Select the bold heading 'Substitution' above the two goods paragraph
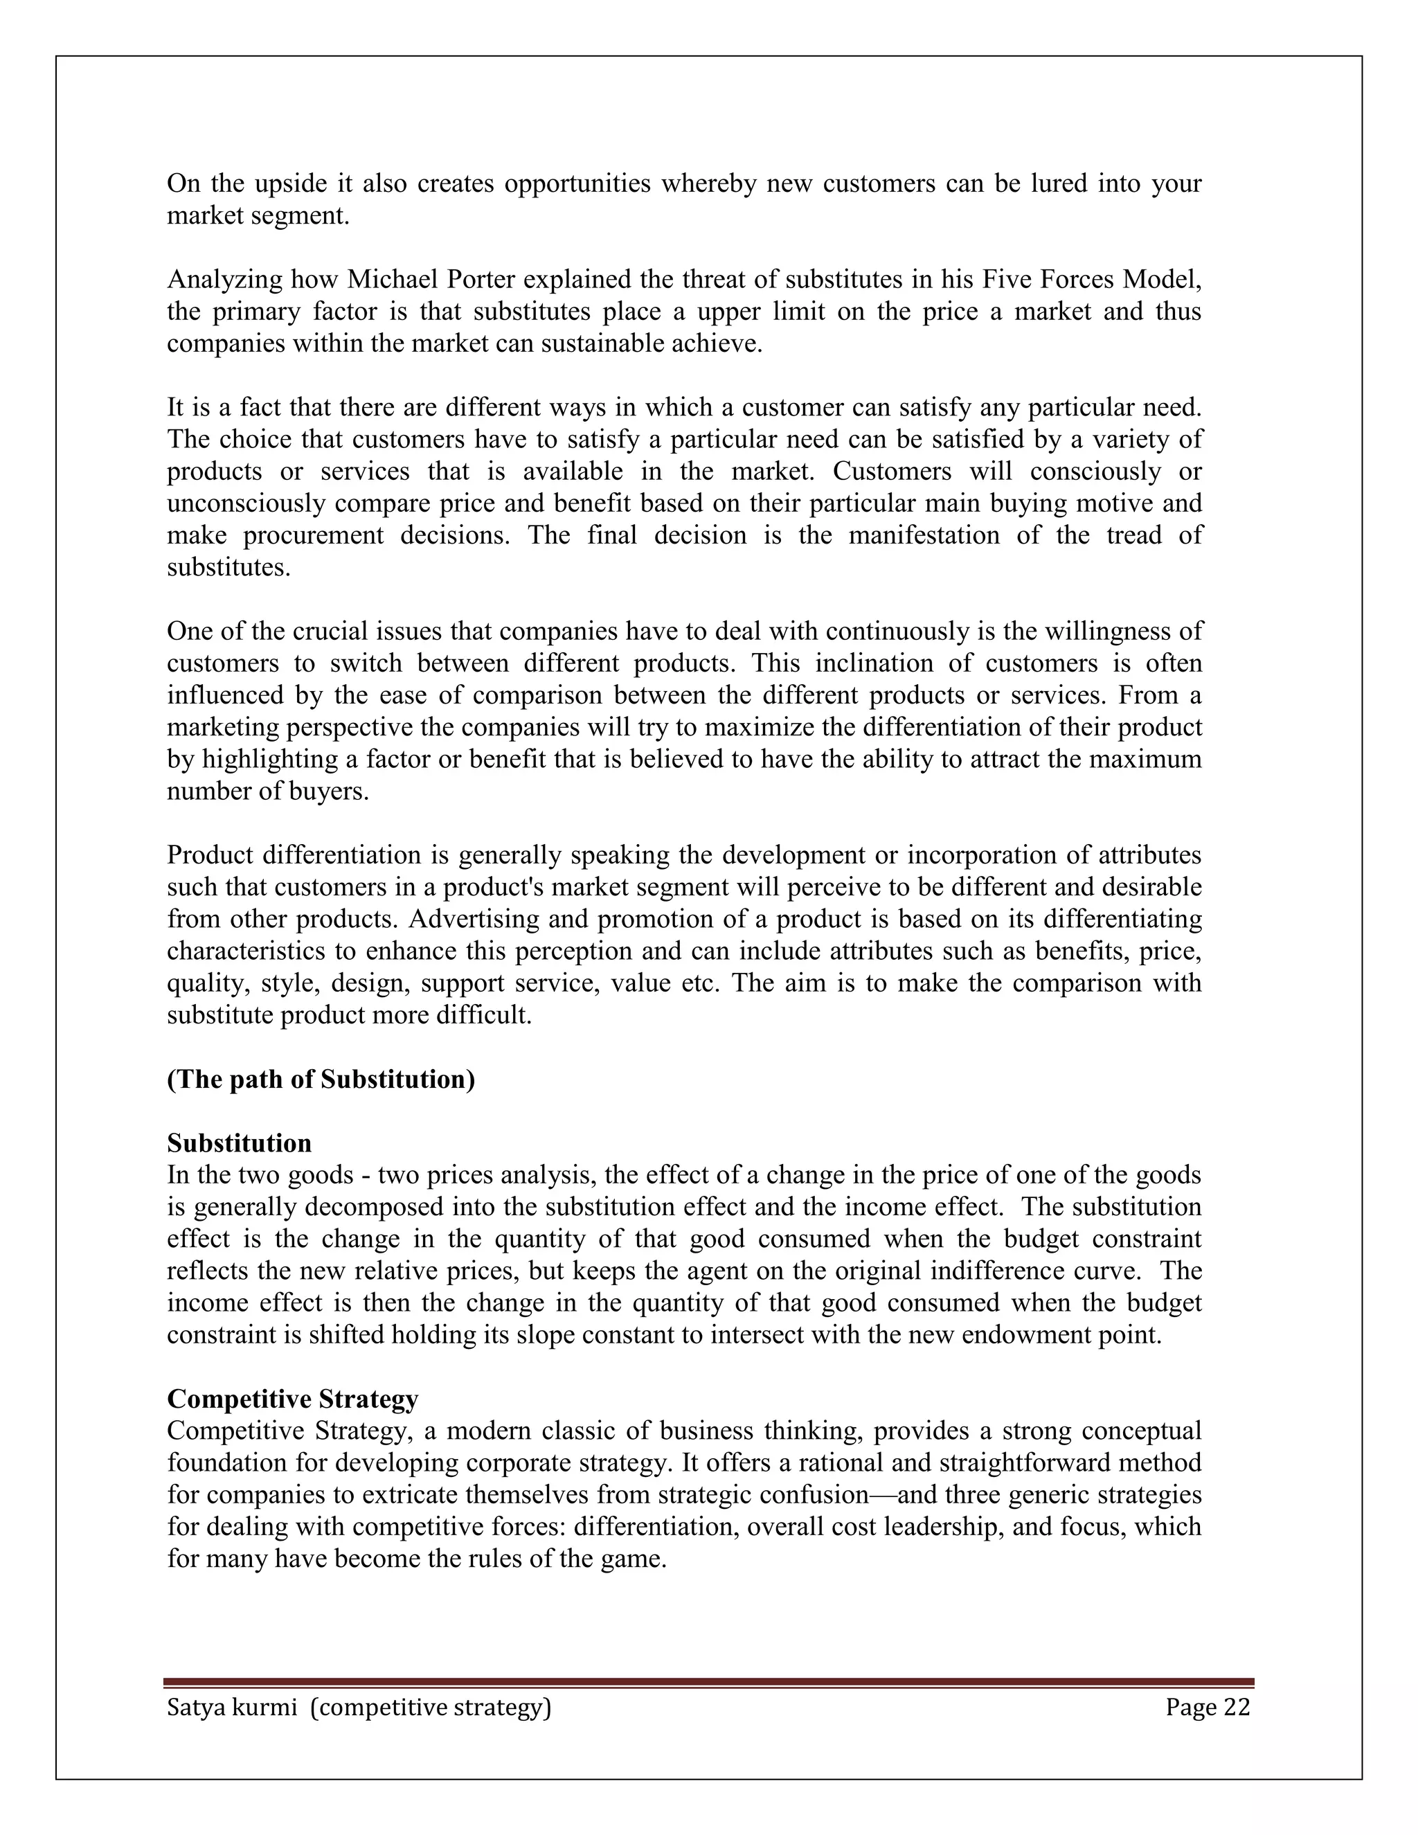coord(240,1143)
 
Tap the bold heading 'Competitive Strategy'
coord(292,1399)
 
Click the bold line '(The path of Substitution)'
coord(321,1079)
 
